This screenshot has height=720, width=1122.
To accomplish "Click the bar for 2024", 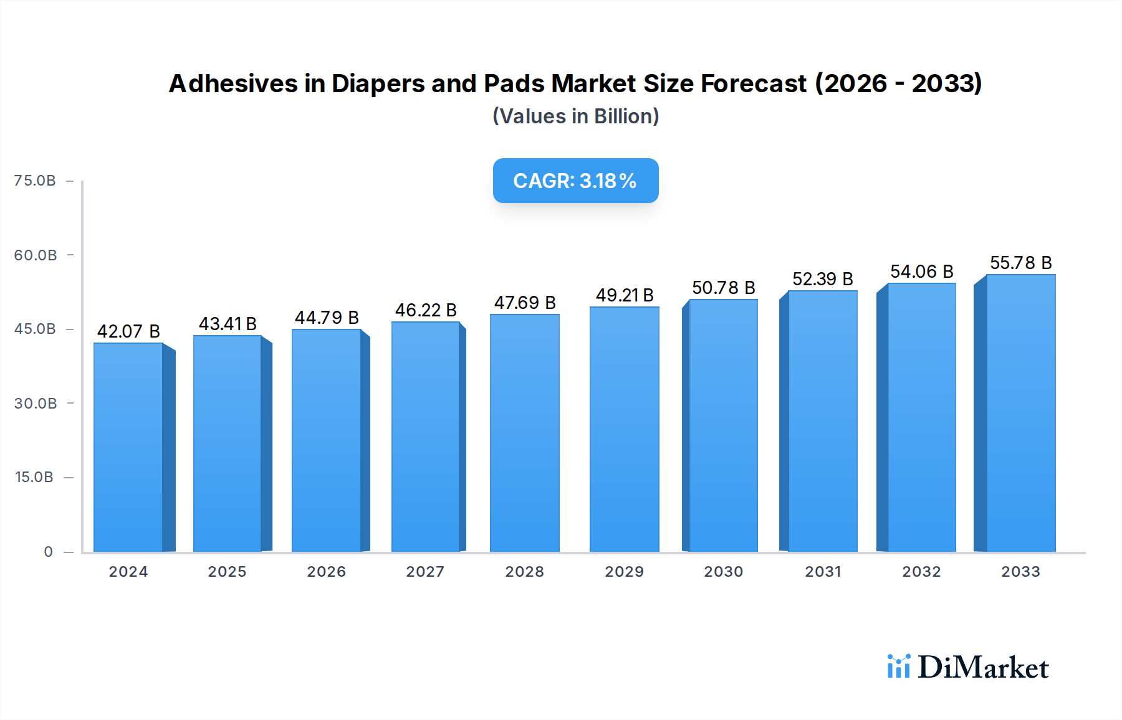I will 128,447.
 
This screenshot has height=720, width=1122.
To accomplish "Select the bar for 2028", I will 525,433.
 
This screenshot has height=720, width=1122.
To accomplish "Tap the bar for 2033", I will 1020,413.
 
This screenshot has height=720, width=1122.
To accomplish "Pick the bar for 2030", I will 723,425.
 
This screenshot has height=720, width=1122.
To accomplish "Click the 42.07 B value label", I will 128,331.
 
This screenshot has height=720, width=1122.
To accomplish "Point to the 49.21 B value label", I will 625,295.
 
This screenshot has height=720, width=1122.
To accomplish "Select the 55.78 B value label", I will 1021,263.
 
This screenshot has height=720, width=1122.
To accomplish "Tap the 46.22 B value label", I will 426,310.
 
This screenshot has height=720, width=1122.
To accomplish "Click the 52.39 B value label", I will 823,279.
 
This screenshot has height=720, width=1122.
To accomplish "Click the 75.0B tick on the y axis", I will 35,181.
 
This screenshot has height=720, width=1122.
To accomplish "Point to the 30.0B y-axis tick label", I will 36,404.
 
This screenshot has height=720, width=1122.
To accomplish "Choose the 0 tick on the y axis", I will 48,552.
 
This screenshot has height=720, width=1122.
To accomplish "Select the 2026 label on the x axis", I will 326,572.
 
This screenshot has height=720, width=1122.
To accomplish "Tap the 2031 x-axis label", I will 823,572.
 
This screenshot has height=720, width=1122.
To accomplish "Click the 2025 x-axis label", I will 227,572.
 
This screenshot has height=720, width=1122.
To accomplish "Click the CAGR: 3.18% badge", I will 575,181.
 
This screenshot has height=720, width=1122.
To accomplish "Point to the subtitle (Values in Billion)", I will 575,116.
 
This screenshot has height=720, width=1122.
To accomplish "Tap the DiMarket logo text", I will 983,668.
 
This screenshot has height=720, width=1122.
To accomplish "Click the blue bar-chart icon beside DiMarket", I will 898,666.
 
